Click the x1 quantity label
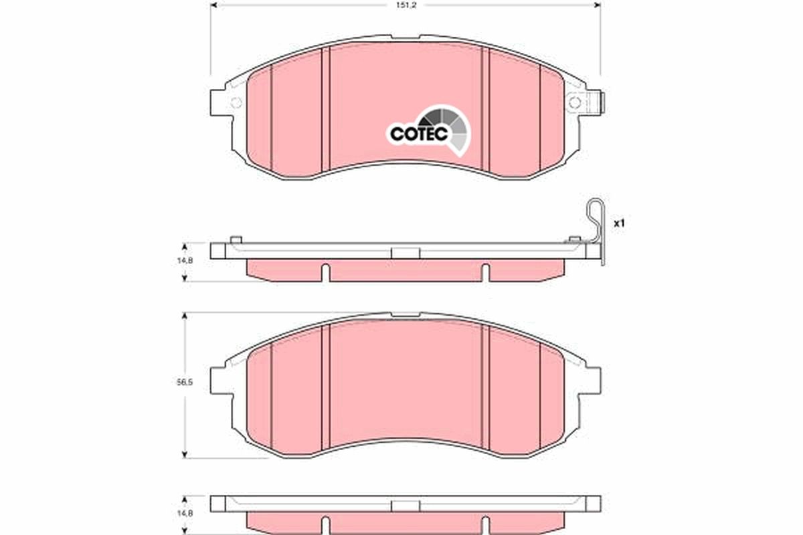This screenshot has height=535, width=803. point(619,223)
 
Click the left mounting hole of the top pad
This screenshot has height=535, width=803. point(236,103)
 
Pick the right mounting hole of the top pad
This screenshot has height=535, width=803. point(574,102)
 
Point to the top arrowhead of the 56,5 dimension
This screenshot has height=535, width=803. point(185,316)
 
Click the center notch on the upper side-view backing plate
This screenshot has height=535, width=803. point(405,253)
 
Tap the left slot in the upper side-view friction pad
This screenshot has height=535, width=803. point(325,273)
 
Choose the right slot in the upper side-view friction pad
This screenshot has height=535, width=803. point(485,273)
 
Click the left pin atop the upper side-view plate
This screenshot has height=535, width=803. point(235,239)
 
